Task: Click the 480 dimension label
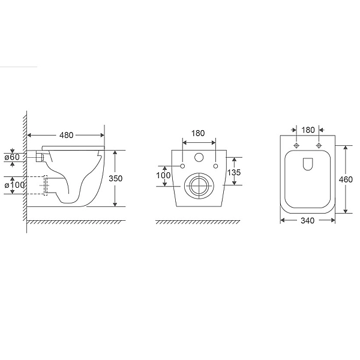tap(67, 135)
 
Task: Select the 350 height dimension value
tap(115, 178)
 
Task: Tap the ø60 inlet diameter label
tap(13, 157)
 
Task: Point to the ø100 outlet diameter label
tap(14, 185)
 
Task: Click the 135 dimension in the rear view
tap(234, 172)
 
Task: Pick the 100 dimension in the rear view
tap(163, 175)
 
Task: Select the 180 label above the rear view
tap(198, 133)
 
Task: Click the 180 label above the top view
tap(308, 130)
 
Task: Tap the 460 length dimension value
tap(346, 179)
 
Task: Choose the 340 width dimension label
tap(307, 221)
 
